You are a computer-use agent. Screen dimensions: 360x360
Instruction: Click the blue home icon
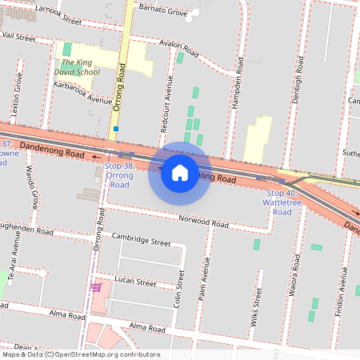179,173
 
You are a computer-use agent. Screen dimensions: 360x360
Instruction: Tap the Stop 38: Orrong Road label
119,174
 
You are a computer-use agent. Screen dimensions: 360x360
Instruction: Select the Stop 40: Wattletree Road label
282,202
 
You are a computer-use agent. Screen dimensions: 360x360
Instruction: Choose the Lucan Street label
134,282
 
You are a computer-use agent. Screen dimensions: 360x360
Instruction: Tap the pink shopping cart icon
97,287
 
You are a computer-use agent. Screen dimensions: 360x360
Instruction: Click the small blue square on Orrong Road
116,128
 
